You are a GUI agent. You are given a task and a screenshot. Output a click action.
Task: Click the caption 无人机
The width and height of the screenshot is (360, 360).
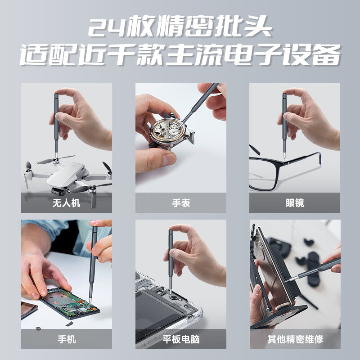(66, 203)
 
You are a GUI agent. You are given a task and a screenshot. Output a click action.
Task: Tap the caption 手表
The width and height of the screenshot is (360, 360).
(181, 203)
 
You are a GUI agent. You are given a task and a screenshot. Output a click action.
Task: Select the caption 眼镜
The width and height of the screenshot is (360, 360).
(295, 203)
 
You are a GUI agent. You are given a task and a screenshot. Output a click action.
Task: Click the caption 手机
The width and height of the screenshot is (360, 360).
(67, 339)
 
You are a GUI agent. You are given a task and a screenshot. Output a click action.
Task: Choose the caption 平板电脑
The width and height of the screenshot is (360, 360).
(181, 339)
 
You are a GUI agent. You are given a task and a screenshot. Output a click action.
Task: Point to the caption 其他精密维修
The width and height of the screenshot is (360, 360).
(295, 339)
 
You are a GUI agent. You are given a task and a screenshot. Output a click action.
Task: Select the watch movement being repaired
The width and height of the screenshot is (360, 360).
(167, 131)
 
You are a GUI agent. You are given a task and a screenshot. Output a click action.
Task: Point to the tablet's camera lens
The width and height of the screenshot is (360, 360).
(173, 298)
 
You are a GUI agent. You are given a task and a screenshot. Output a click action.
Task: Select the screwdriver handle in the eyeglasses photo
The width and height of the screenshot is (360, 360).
(284, 117)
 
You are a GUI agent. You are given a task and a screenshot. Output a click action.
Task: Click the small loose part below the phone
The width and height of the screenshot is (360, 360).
(69, 324)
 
